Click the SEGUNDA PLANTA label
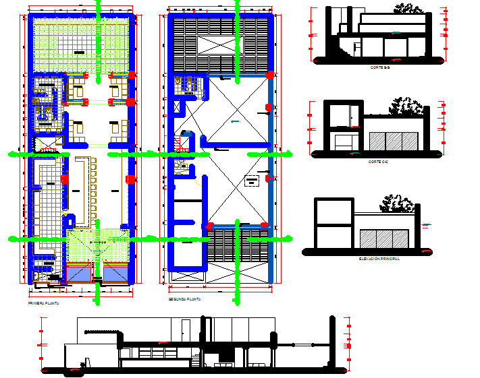pos(185,298)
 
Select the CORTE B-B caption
pos(379,68)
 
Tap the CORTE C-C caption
pos(378,162)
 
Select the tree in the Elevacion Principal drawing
pos(397,204)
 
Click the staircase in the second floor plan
pos(180,144)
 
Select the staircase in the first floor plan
pos(47,144)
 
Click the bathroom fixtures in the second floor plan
pos(185,84)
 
